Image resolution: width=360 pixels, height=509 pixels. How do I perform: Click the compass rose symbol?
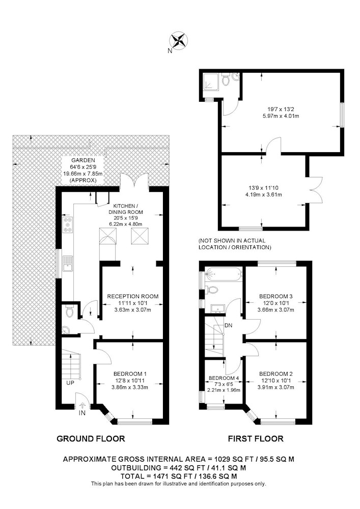[x=179, y=41]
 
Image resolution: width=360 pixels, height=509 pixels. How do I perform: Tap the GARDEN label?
[x=84, y=160]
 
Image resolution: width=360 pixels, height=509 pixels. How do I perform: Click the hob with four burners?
[x=68, y=224]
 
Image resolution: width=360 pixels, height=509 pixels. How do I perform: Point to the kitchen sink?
[x=68, y=263]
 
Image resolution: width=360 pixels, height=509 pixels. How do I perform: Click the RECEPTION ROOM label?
[x=133, y=296]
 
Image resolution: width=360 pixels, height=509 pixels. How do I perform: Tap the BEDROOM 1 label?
[x=130, y=374]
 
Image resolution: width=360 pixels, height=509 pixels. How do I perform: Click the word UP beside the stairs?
[x=70, y=383]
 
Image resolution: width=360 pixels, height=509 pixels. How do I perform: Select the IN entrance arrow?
[x=82, y=405]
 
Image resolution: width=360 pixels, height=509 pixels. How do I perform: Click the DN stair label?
[x=228, y=325]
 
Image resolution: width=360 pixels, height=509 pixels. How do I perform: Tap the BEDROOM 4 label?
[x=224, y=378]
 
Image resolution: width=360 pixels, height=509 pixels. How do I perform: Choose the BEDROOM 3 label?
[x=276, y=296]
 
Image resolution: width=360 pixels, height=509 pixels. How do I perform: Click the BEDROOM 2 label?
[x=276, y=374]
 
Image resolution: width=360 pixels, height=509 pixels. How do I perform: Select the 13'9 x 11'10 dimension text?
[x=264, y=188]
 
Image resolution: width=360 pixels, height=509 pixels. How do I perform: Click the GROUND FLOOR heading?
[x=91, y=439]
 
